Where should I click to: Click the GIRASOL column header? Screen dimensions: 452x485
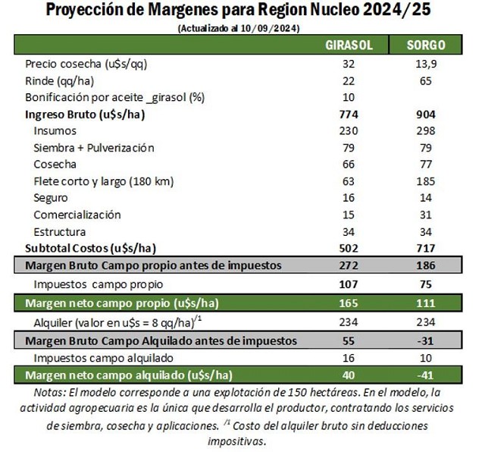[349, 46]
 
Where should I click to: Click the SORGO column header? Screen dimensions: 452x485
[426, 46]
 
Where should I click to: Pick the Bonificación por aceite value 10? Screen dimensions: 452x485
[349, 98]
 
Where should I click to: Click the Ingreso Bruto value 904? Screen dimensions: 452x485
[426, 115]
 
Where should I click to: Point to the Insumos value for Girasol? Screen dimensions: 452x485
[349, 131]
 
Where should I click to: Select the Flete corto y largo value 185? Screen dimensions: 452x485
[426, 181]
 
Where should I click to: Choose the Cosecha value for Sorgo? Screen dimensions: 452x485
[426, 165]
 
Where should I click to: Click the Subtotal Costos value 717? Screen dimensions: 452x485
[426, 248]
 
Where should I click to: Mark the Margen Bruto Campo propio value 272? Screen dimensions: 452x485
[349, 265]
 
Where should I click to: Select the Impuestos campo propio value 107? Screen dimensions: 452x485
[349, 285]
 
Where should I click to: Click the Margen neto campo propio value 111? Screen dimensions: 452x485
[426, 303]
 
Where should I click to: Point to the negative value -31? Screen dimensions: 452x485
[426, 341]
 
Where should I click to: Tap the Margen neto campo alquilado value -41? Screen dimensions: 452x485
[426, 375]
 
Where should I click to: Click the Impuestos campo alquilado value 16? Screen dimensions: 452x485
[349, 358]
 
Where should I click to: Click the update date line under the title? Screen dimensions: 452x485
[238, 28]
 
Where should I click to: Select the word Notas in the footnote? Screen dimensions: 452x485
[50, 392]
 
